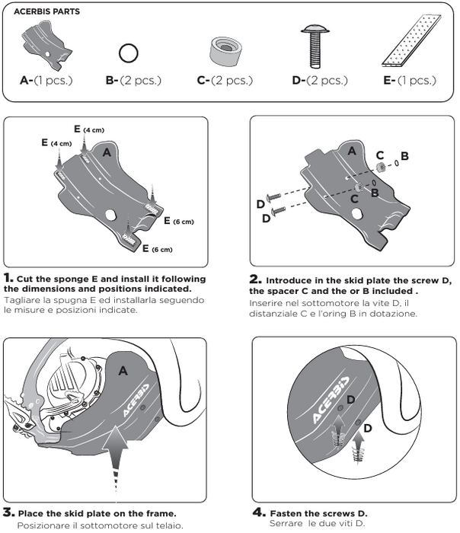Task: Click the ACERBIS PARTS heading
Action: pos(48,13)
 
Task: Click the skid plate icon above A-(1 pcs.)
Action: pos(48,43)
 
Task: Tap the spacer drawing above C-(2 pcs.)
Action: pos(220,51)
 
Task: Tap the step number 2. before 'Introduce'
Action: pos(256,279)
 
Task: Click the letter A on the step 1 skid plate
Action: pos(107,153)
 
